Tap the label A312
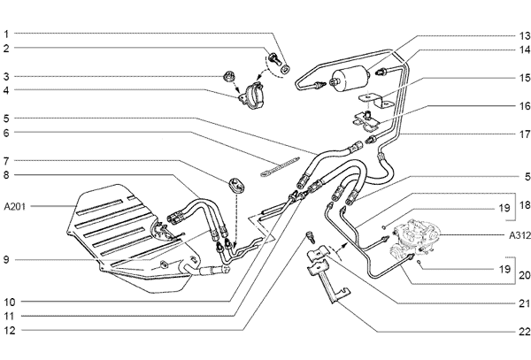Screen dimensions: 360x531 [x=519, y=235]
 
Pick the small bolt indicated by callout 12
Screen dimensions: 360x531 [x=309, y=236]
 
